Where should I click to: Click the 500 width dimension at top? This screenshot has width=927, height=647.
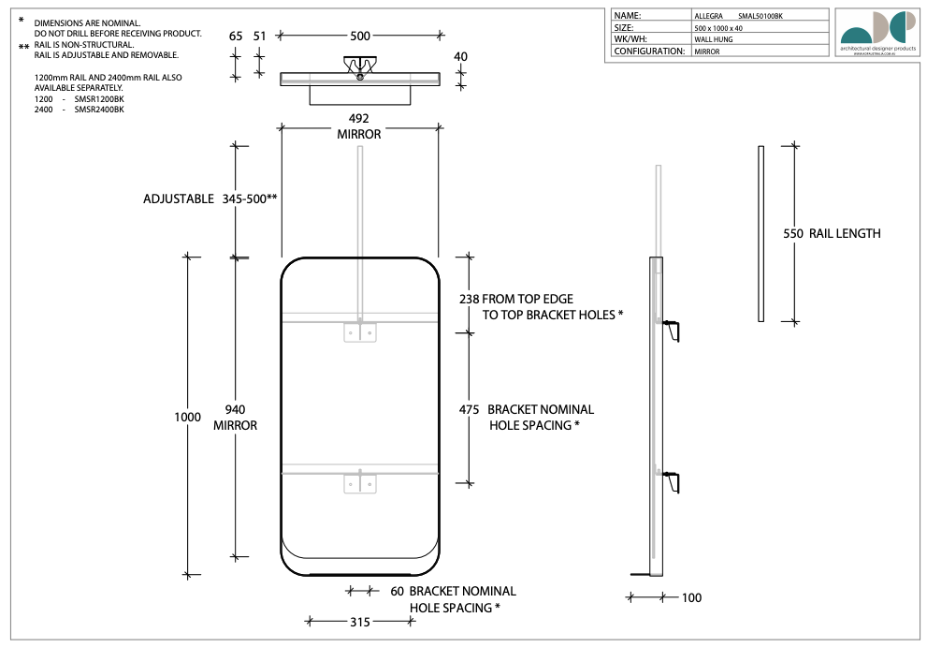coord(360,36)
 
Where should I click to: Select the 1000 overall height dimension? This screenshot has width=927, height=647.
coord(187,417)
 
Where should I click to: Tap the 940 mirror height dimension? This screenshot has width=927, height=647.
coord(235,409)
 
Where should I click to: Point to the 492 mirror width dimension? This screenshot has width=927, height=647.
coord(359,119)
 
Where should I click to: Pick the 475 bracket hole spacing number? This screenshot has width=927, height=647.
coord(470,409)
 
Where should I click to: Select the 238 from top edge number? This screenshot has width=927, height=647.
coord(470,299)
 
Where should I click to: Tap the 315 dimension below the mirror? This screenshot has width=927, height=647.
coord(360,622)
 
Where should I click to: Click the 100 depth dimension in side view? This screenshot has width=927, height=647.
coord(691,597)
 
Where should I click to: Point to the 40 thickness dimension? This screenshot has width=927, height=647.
coord(460,56)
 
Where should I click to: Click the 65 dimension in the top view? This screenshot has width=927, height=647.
coord(236,36)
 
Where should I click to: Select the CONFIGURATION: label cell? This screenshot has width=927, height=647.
coord(649,51)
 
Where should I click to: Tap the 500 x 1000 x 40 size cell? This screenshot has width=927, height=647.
coord(719,28)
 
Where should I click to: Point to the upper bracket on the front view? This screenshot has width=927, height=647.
coord(359,331)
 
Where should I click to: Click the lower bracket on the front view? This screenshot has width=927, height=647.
coord(359,483)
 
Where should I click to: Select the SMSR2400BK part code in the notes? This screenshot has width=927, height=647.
coord(98,110)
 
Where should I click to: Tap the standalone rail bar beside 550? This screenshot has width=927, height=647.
coord(760,234)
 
